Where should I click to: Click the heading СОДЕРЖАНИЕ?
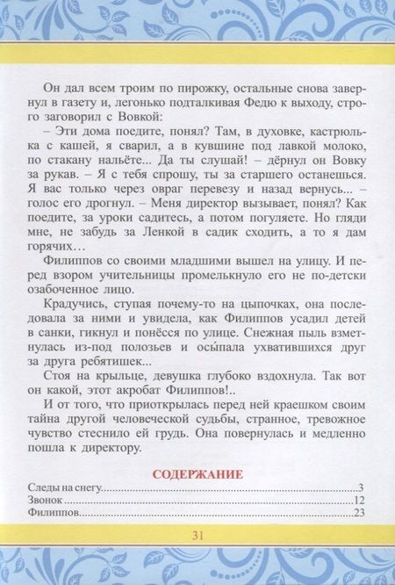[197, 474]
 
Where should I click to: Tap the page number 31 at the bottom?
[197, 536]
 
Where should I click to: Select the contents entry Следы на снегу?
[69, 488]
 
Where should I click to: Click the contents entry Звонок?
[52, 501]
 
